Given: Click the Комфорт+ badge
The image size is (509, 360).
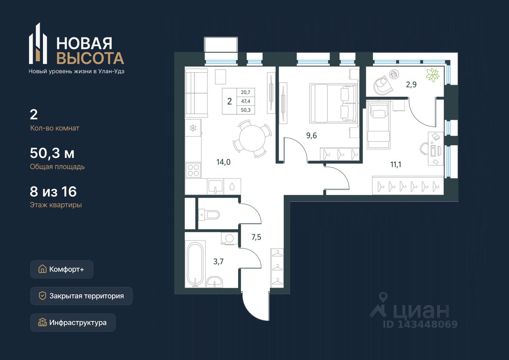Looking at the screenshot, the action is (x=62, y=269).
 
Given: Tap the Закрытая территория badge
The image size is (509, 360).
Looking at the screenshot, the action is (x=82, y=296).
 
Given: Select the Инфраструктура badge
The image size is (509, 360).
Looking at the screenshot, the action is (x=73, y=323).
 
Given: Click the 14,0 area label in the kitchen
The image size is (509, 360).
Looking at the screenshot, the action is (x=223, y=162).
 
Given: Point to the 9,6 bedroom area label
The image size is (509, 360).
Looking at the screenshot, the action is (x=311, y=136).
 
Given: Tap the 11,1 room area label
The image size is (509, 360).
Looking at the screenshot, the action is (x=396, y=164).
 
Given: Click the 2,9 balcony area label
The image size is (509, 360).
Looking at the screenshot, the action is (x=411, y=85).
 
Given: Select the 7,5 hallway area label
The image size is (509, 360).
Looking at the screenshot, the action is (x=256, y=237).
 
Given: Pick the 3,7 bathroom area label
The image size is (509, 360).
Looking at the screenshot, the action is (x=218, y=262).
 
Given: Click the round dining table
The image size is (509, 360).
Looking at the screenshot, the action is (x=252, y=138).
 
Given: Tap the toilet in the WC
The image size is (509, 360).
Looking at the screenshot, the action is (x=209, y=214).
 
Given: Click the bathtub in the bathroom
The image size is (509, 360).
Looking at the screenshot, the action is (x=195, y=265).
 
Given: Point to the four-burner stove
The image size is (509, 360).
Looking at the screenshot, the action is (x=193, y=170).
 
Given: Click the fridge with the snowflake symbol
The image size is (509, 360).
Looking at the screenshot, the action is (x=193, y=128).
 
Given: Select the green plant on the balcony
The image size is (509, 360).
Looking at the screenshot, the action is (x=432, y=75).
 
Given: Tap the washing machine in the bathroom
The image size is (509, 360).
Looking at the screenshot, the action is (x=229, y=238).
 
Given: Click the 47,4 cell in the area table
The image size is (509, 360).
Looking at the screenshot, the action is (x=246, y=101).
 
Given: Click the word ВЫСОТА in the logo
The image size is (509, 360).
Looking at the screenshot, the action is (x=90, y=58).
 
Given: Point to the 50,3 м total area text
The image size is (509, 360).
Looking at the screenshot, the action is (x=52, y=153).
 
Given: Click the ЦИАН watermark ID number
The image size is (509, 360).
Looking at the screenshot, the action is (x=420, y=324).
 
